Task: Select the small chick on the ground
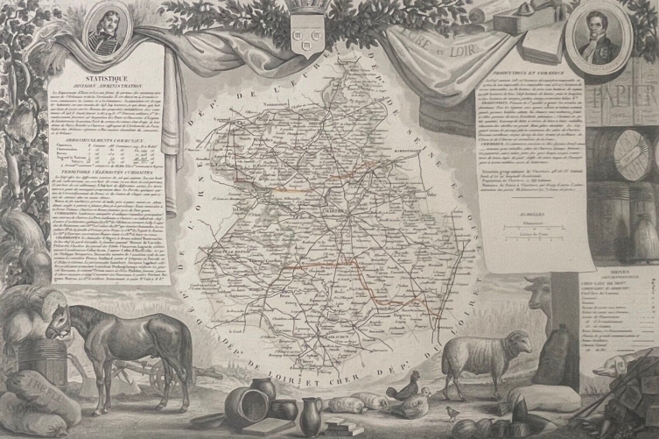452,410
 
